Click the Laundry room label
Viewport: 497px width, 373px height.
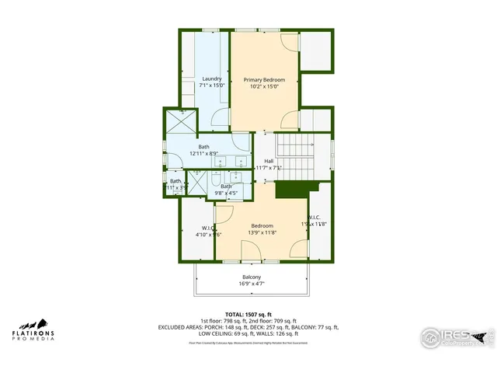coord(212,78)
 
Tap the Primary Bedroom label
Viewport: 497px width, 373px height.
coord(264,80)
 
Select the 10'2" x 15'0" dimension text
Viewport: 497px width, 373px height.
coord(264,87)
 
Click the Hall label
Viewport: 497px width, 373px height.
coord(269,161)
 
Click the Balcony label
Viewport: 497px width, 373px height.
coord(251,277)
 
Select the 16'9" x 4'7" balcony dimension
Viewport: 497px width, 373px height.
coord(251,284)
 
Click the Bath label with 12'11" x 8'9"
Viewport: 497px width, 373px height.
coord(203,147)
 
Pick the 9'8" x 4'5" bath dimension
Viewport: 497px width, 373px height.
coord(226,193)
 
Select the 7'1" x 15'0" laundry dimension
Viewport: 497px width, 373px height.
coord(212,85)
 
